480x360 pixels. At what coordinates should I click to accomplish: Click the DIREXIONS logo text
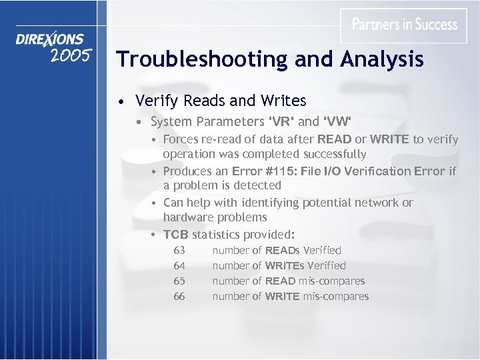click(x=50, y=40)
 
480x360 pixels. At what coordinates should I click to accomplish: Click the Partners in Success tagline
click(x=405, y=25)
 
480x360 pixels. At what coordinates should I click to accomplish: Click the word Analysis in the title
click(x=382, y=60)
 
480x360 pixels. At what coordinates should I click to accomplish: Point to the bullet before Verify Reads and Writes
click(x=119, y=102)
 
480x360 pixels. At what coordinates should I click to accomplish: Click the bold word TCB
click(x=176, y=234)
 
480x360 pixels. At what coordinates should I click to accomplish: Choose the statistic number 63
click(x=179, y=251)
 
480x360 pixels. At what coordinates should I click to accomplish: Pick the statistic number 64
click(x=179, y=266)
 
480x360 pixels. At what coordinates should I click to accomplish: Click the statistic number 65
click(x=179, y=281)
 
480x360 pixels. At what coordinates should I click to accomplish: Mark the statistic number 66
click(x=179, y=297)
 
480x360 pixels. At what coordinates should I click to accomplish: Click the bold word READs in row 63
click(x=283, y=251)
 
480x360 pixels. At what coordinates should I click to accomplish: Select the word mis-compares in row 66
click(x=336, y=297)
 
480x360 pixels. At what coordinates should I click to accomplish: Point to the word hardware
click(x=189, y=217)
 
